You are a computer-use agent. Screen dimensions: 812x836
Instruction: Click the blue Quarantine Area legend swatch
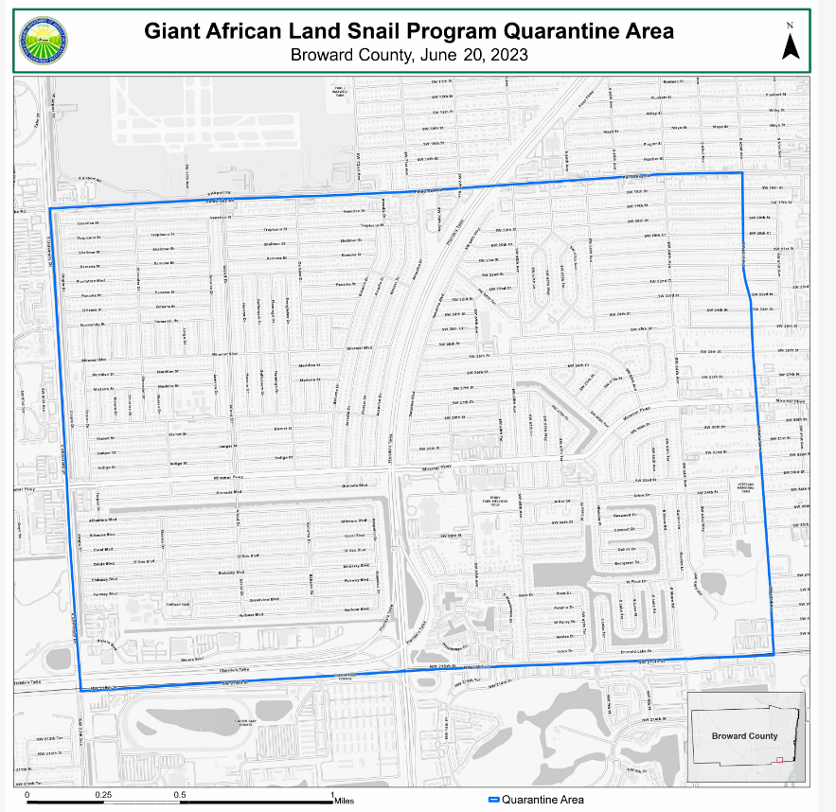(x=492, y=800)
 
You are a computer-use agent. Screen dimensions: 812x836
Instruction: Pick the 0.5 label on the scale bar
(x=180, y=795)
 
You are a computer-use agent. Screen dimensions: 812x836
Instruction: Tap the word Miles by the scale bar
(x=344, y=801)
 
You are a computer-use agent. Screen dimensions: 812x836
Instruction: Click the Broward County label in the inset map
(x=744, y=735)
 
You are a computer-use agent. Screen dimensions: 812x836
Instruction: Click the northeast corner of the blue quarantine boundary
(x=741, y=173)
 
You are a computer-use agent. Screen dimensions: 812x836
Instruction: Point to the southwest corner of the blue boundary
(x=80, y=691)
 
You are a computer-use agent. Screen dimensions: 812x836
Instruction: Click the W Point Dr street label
(x=637, y=580)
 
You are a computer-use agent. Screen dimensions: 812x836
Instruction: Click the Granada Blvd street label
(x=328, y=485)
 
